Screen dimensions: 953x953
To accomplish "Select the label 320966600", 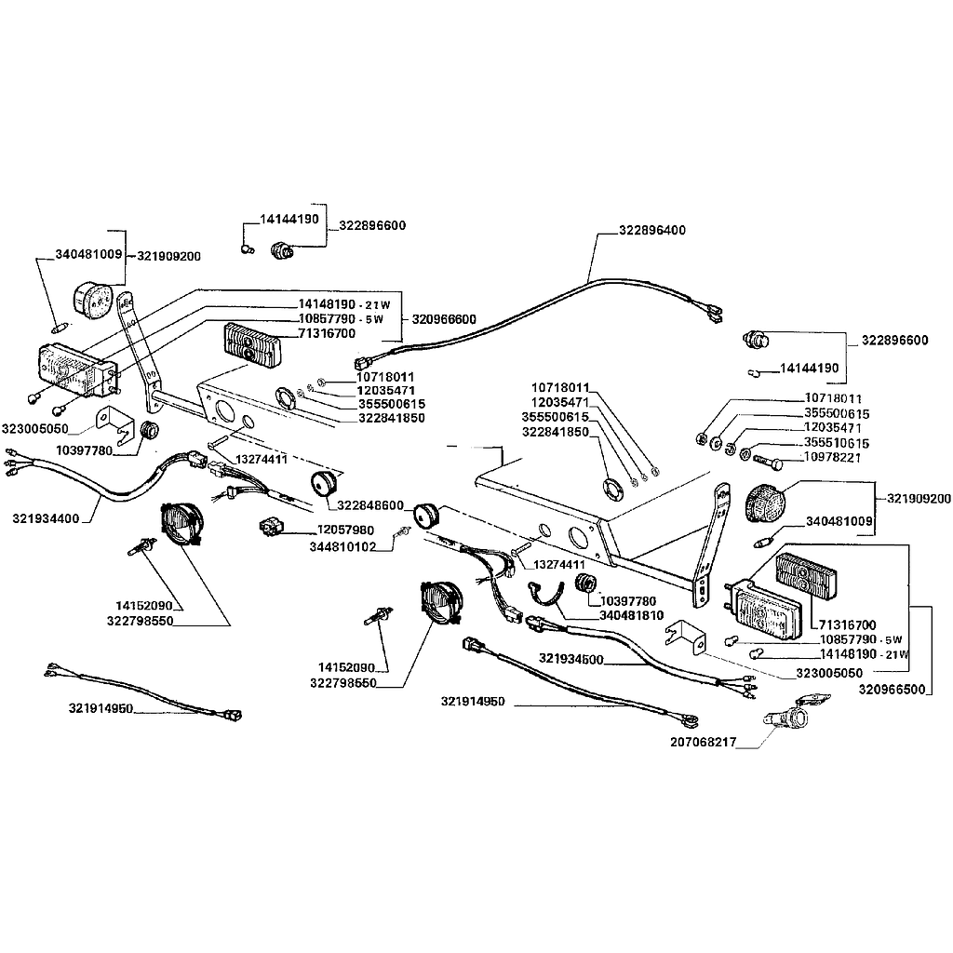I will (443, 318).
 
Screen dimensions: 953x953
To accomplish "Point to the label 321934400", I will (47, 517).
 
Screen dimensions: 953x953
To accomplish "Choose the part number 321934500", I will (571, 659).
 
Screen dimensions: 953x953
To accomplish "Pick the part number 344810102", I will (342, 547).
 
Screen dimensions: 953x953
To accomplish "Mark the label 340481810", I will (632, 615).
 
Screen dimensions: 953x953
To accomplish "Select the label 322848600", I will (370, 505).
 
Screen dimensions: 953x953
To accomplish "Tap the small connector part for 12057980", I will (272, 527).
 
